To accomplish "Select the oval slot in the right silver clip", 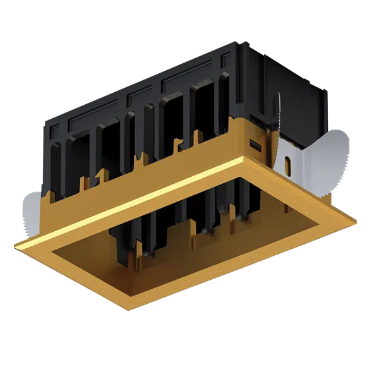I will click(287, 167).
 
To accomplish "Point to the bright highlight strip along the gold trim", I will click(133, 202).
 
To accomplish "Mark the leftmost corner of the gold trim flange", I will click(14, 243).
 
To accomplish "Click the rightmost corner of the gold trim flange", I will click(358, 223).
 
